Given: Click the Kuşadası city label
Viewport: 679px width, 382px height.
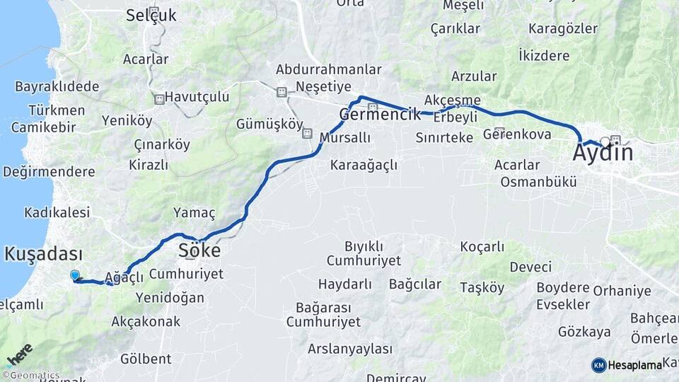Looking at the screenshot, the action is tap(44, 254).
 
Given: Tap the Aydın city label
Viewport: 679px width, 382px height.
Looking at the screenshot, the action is tap(603, 152).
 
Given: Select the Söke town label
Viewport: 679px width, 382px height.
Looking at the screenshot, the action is tap(199, 250).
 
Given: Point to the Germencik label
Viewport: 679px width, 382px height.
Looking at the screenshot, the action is tap(381, 114).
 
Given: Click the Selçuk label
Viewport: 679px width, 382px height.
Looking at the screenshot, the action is tap(151, 15).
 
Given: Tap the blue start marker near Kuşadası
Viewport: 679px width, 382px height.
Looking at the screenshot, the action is tap(75, 275).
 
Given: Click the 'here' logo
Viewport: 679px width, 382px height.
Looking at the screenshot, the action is tap(19, 354).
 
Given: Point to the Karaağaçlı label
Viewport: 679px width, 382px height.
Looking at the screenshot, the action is tap(364, 165).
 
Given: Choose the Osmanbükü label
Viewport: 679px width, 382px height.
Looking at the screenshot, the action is tap(538, 181).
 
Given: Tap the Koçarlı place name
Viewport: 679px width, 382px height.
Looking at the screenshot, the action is tap(482, 247).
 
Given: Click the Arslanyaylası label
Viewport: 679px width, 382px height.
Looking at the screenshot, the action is tap(349, 349).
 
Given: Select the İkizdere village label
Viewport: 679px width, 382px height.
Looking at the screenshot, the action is tap(544, 54).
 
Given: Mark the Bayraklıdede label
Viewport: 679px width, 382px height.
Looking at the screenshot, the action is tap(57, 86).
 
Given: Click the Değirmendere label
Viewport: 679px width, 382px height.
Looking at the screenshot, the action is tap(49, 172).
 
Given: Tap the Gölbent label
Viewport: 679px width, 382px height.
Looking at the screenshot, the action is tap(146, 358).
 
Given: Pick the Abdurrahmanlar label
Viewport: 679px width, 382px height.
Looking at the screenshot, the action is tap(329, 69).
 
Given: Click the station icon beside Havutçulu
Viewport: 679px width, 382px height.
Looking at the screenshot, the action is tap(159, 99).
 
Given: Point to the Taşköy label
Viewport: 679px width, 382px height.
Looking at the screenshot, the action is tap(482, 288).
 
